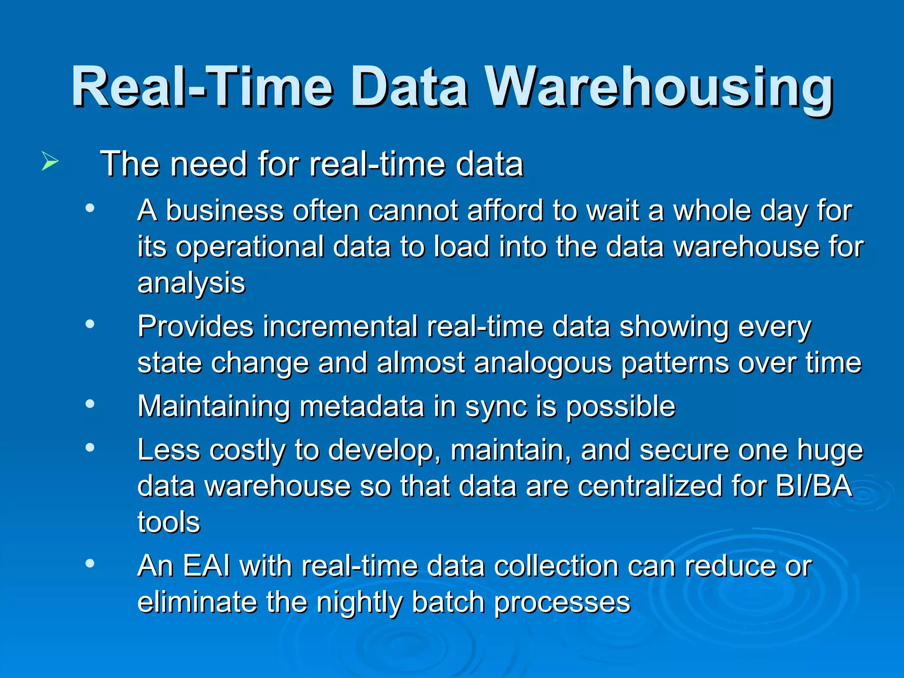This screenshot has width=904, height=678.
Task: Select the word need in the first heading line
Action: [209, 164]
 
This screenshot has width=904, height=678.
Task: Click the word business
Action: [224, 211]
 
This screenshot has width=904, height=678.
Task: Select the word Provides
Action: [195, 327]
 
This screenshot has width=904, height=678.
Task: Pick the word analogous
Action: [543, 363]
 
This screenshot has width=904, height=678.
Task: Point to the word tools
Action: [169, 523]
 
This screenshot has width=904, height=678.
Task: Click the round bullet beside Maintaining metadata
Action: [90, 404]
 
